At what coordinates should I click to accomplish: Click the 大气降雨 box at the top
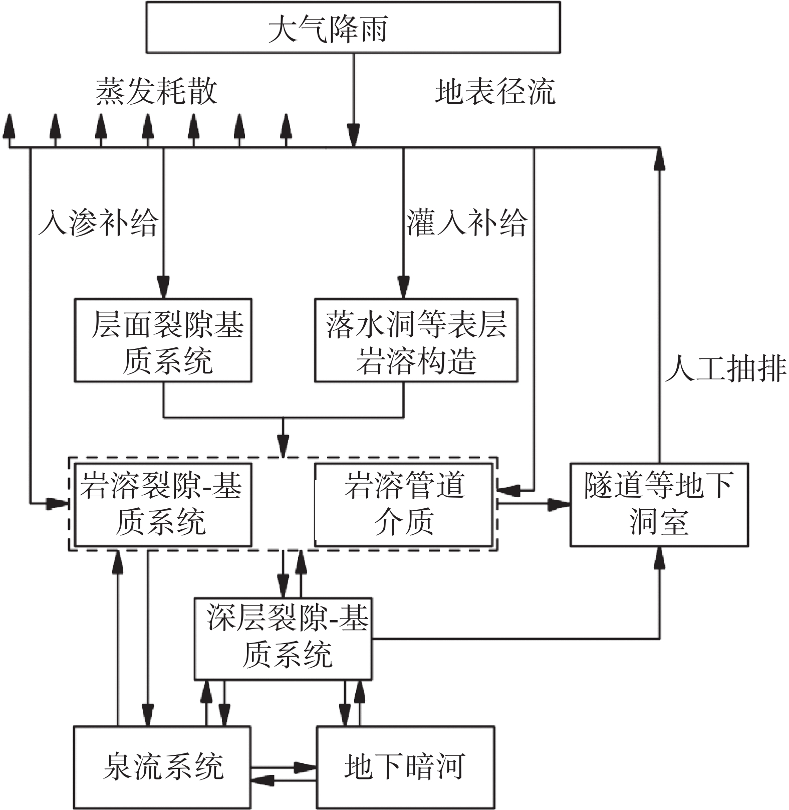tap(353, 28)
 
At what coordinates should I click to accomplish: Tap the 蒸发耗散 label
tap(156, 92)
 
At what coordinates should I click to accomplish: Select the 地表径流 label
tap(495, 92)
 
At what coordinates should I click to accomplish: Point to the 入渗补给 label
tap(99, 222)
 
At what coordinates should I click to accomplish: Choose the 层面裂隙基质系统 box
tap(163, 341)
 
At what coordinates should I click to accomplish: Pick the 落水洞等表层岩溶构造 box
tap(416, 341)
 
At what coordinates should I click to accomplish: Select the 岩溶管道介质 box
tap(403, 504)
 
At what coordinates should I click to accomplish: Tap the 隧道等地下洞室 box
tap(659, 504)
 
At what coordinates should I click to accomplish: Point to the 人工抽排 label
tap(725, 369)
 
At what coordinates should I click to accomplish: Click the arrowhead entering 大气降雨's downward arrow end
tap(354, 138)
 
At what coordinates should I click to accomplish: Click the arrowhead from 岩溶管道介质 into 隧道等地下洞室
tap(560, 504)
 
